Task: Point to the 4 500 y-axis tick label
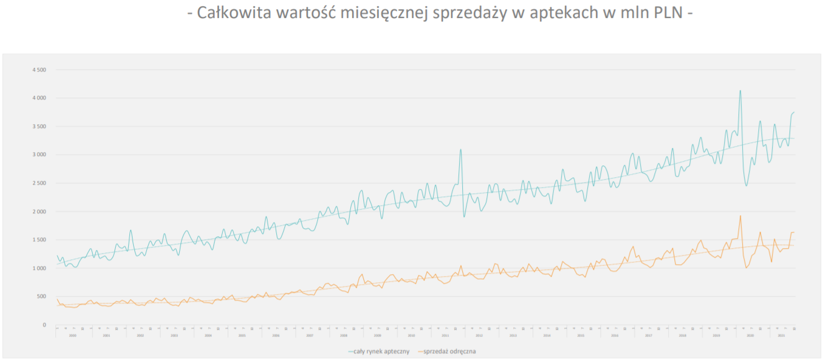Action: tap(39, 70)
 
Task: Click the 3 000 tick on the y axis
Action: tap(39, 155)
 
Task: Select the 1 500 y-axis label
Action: tap(39, 240)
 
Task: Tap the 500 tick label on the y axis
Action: tap(41, 297)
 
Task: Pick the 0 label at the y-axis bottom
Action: tap(44, 325)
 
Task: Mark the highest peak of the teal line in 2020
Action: tap(740, 90)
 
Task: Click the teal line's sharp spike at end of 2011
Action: tap(460, 149)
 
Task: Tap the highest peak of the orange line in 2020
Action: tap(740, 216)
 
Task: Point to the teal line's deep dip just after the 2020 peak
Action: tap(746, 185)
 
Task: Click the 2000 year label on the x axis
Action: tap(73, 335)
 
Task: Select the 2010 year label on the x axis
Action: tap(411, 335)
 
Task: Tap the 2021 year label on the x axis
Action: tap(782, 335)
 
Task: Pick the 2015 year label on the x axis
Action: tap(580, 335)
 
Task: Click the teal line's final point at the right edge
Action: tap(794, 112)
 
